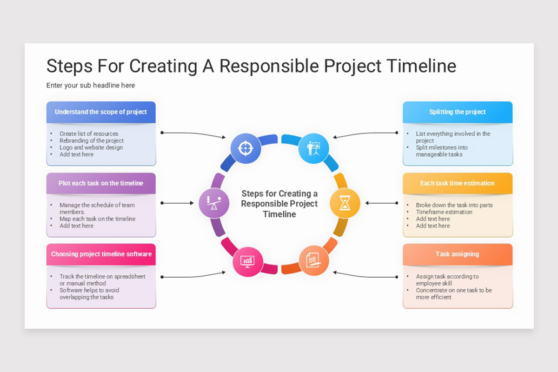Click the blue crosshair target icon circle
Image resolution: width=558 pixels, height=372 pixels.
[246, 148]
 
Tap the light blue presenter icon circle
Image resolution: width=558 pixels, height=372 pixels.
[313, 148]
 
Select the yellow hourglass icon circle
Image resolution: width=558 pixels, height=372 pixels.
[345, 203]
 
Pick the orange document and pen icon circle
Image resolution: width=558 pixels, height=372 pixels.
[313, 260]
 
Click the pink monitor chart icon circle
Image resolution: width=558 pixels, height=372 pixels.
[247, 261]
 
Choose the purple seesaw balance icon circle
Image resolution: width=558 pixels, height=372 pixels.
[214, 203]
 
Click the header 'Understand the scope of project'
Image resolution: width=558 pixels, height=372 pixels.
[101, 112]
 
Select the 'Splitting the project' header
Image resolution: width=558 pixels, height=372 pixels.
[458, 112]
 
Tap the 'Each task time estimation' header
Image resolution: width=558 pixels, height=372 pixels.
[458, 183]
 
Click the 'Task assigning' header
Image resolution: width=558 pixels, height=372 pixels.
[458, 254]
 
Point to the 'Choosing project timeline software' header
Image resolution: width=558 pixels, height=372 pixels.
[101, 254]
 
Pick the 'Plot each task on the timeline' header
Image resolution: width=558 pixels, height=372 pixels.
[101, 183]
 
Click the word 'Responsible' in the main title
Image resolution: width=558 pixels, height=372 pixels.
[269, 66]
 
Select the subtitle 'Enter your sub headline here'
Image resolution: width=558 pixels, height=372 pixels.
[91, 86]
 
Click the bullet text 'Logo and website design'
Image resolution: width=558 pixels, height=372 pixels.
[91, 147]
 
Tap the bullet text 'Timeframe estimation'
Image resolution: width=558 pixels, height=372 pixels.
[444, 212]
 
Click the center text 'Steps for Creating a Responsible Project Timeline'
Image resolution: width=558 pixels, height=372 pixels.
[279, 204]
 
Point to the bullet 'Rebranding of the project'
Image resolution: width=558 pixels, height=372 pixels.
[92, 140]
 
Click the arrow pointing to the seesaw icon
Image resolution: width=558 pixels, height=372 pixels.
[177, 203]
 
